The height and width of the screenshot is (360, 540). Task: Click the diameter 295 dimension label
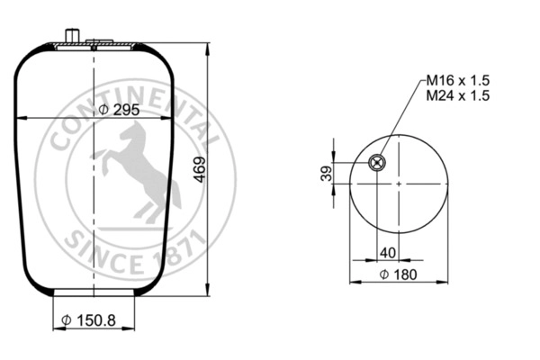click(119, 110)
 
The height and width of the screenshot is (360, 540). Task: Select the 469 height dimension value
click(200, 169)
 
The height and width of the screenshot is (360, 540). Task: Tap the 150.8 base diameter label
click(88, 320)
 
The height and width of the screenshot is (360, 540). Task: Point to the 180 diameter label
click(399, 274)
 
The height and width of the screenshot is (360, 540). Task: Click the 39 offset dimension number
click(327, 174)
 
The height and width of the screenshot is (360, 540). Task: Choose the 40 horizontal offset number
click(388, 253)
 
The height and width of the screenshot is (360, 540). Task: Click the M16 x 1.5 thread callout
click(458, 80)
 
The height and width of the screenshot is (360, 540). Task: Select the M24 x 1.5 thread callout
click(458, 95)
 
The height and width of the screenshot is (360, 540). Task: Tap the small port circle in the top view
click(377, 163)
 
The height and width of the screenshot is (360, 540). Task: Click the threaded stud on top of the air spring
click(73, 36)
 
